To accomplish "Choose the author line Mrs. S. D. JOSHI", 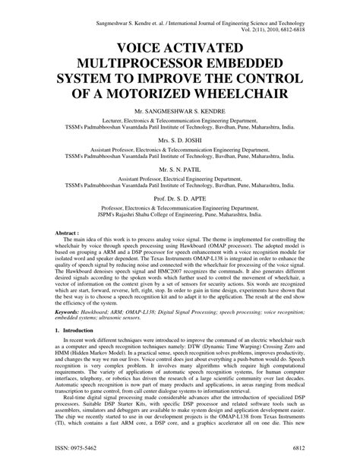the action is [x=181, y=141].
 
